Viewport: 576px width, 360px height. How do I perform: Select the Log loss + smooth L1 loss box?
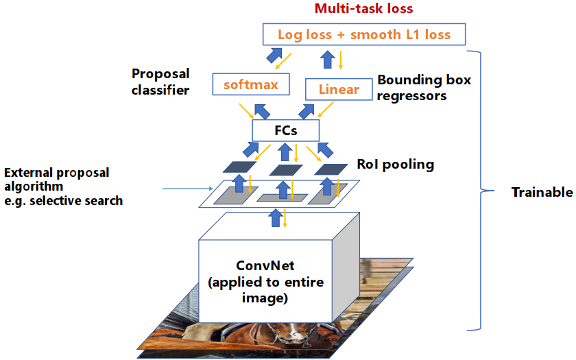[x=363, y=34]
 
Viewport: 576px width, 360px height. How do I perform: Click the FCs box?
[x=286, y=130]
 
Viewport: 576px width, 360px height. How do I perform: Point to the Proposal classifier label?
[x=161, y=80]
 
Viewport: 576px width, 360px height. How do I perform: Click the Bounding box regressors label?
[x=424, y=88]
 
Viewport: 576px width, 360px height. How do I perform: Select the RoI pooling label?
[x=395, y=165]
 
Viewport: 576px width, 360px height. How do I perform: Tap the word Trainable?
[x=542, y=193]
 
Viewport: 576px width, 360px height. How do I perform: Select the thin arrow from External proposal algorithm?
[x=187, y=189]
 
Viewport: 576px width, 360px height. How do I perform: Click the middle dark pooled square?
[x=287, y=169]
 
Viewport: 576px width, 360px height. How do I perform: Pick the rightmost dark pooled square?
[x=332, y=169]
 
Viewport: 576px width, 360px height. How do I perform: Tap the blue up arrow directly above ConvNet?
[x=276, y=218]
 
